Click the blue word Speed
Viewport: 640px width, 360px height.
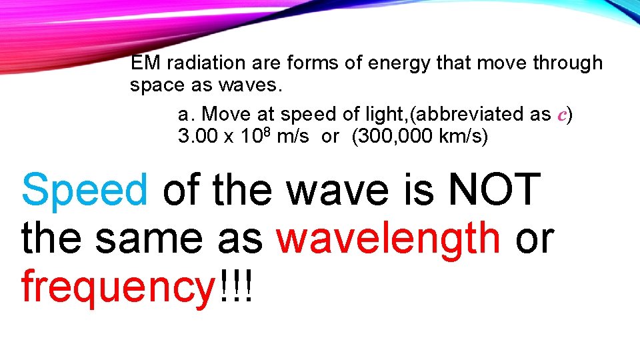point(84,190)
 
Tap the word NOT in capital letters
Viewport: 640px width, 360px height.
point(493,189)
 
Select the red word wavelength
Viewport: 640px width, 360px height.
point(389,238)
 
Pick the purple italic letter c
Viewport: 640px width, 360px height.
point(562,115)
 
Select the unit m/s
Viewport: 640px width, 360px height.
point(293,137)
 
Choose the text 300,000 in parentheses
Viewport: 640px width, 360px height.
point(393,137)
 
